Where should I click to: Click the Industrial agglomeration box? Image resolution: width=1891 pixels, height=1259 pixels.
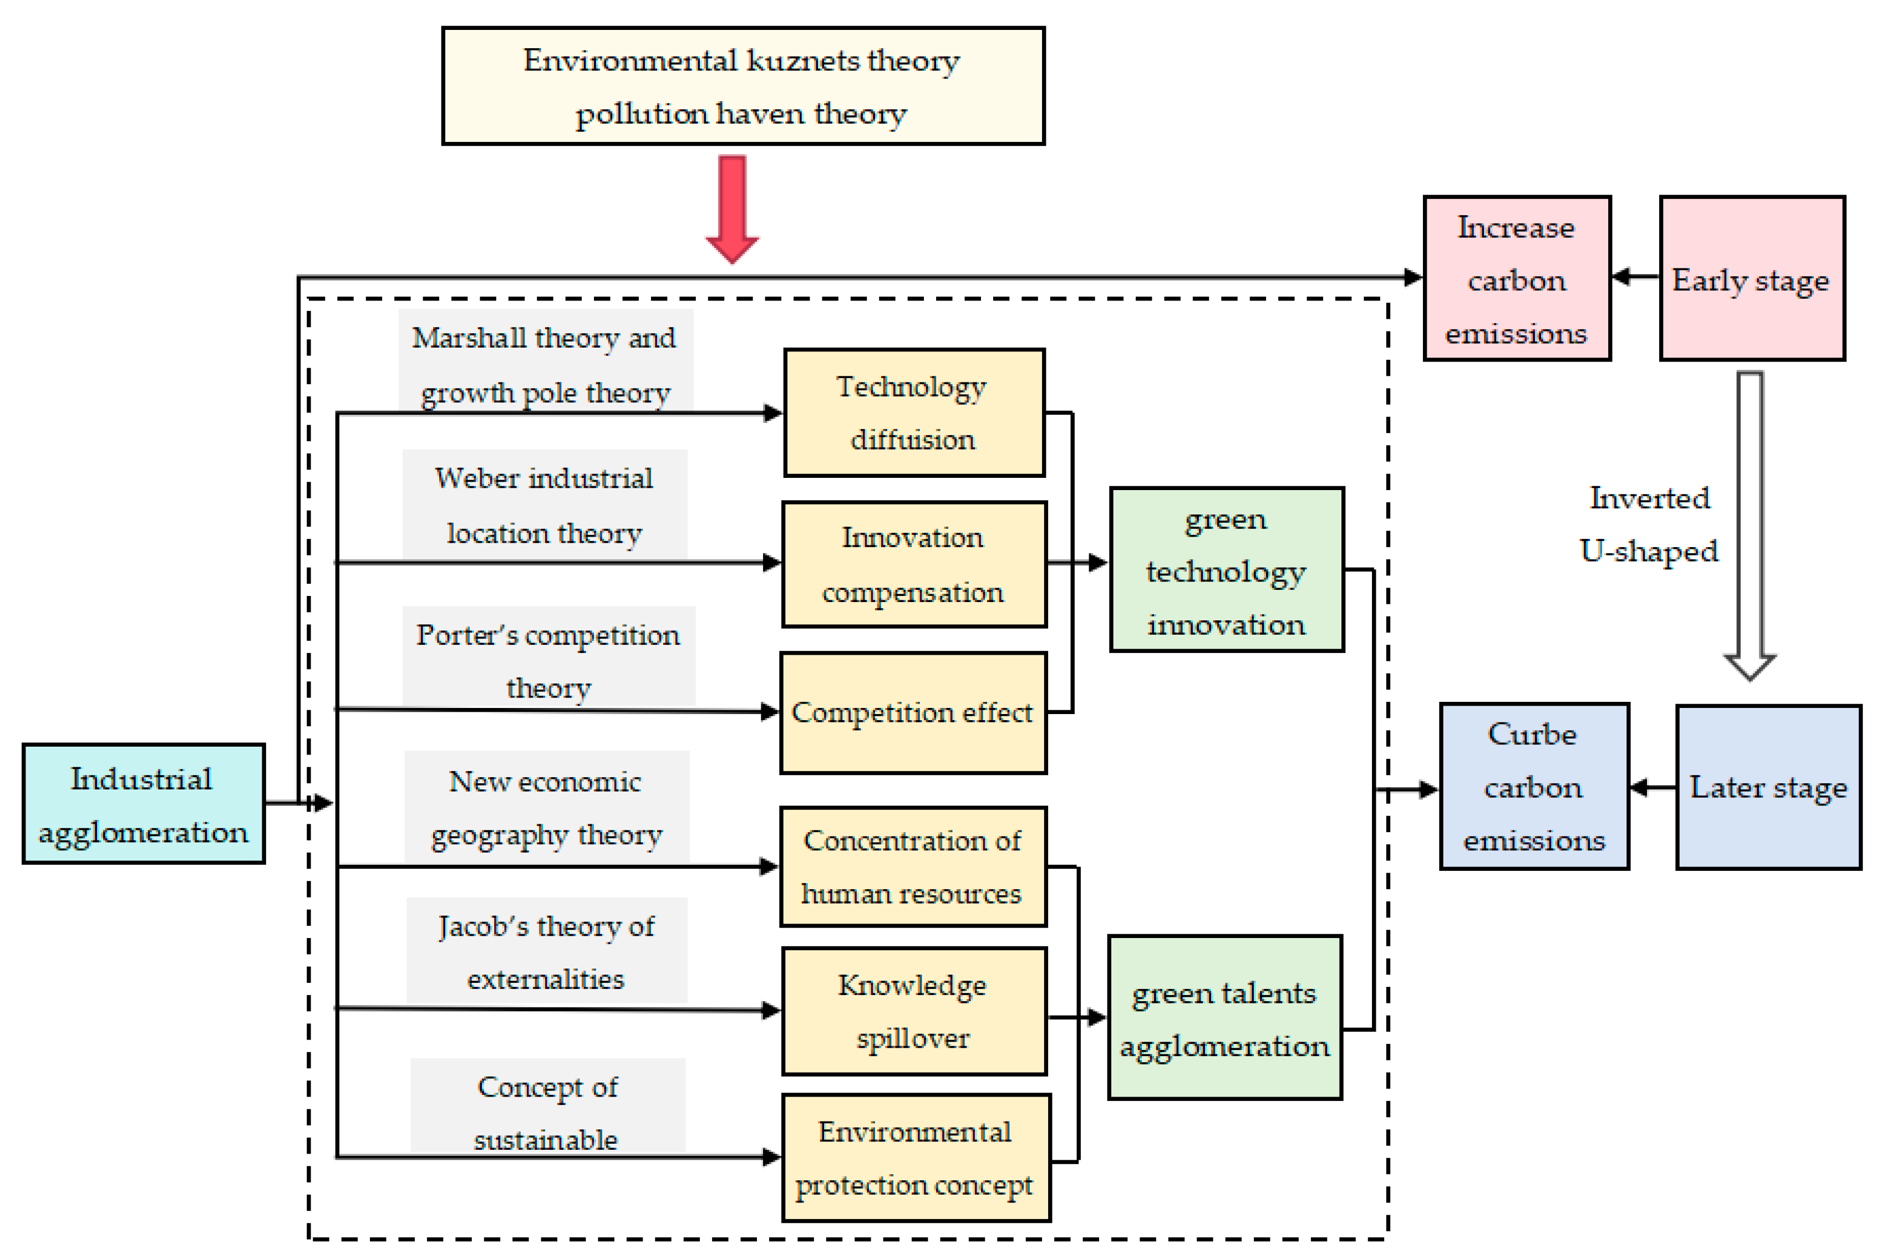(143, 804)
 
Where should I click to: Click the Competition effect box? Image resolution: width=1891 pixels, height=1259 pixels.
(912, 713)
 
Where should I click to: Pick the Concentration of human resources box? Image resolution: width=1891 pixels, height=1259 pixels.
(912, 866)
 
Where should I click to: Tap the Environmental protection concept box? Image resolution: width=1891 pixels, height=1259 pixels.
(916, 1158)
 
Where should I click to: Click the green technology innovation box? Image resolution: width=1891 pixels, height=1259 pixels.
(1226, 569)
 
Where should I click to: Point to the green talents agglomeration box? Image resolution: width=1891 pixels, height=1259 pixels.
(1224, 1017)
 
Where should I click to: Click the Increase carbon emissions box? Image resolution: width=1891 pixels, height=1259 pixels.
(1516, 279)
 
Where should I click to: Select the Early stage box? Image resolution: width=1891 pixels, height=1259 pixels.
(1751, 279)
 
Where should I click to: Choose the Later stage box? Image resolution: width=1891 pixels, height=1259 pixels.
(1767, 787)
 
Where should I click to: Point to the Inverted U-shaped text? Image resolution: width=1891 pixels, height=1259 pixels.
(1649, 524)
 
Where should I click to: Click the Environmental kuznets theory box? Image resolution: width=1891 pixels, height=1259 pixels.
(742, 86)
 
